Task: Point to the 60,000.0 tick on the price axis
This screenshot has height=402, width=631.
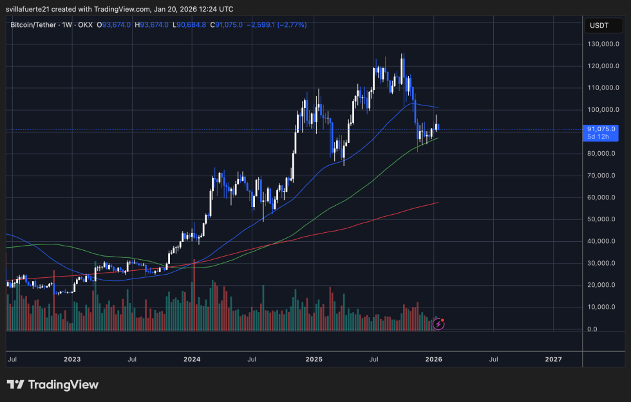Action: (601, 197)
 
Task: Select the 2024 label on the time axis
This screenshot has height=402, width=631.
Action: (193, 359)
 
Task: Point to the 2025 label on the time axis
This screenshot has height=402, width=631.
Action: (314, 359)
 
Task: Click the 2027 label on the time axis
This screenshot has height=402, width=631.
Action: (553, 359)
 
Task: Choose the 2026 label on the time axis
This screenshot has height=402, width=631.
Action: (433, 359)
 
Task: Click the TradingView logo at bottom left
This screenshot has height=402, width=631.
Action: (53, 385)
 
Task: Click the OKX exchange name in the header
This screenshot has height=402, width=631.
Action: (86, 25)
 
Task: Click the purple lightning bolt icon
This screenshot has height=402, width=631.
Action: (438, 324)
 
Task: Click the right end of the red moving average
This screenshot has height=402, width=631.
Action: (438, 203)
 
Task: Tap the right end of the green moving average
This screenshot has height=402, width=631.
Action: (438, 138)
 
